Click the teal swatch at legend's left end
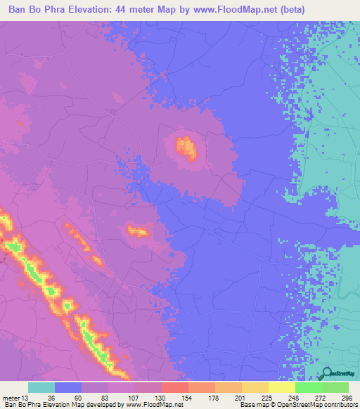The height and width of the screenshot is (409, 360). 41,387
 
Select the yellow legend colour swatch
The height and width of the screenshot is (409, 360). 281,387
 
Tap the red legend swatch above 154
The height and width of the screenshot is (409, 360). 174,387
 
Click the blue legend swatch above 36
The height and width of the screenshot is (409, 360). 68,387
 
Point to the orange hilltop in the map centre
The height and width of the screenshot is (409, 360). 186,148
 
